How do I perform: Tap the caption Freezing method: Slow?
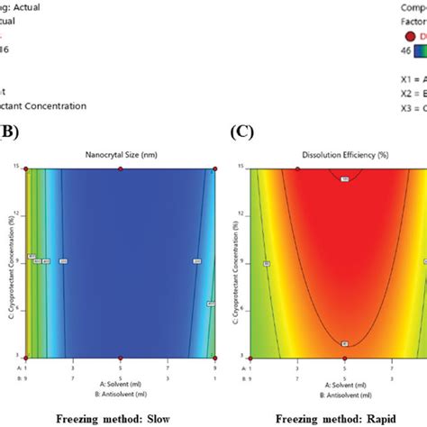(x=109, y=417)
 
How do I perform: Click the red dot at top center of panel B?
(x=120, y=168)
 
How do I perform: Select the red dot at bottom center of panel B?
(x=120, y=358)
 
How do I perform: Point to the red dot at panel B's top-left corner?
(x=25, y=168)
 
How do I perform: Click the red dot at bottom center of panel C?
(x=345, y=358)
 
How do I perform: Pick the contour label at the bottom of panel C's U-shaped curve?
(x=345, y=343)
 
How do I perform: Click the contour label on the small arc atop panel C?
(x=345, y=180)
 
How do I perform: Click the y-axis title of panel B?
(x=8, y=262)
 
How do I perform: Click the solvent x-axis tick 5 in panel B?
(x=120, y=368)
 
